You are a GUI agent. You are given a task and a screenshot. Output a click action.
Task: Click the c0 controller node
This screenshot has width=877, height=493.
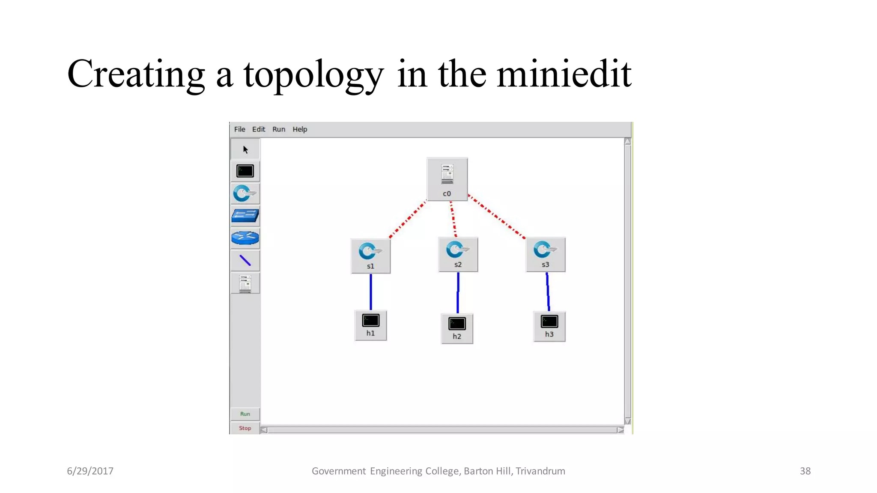point(447,179)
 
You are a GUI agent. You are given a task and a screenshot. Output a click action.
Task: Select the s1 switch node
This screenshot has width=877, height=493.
point(370,255)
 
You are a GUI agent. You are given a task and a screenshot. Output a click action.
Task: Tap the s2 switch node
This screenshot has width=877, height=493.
point(458,254)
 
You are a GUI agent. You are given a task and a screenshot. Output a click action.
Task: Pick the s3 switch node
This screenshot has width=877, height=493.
point(545,254)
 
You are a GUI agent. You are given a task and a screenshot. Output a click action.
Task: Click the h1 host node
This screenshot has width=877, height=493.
point(370,325)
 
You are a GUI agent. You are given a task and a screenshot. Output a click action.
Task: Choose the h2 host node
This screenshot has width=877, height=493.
point(457,328)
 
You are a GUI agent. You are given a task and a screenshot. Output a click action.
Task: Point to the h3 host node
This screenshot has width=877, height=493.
point(549,326)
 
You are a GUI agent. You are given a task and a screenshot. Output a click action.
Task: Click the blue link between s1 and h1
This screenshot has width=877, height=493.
point(371,292)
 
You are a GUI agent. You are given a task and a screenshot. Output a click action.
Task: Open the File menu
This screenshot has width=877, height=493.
point(239,129)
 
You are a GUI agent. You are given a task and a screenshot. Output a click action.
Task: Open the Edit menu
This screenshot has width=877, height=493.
point(258,129)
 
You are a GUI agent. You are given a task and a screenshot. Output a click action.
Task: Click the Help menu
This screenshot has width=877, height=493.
point(300,129)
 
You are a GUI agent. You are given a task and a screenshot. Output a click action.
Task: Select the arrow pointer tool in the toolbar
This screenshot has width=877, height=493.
point(245,149)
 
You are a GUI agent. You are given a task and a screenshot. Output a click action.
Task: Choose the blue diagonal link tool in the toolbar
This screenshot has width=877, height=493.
point(245,260)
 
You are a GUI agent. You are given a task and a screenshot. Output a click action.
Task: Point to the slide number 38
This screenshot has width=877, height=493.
point(805,471)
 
